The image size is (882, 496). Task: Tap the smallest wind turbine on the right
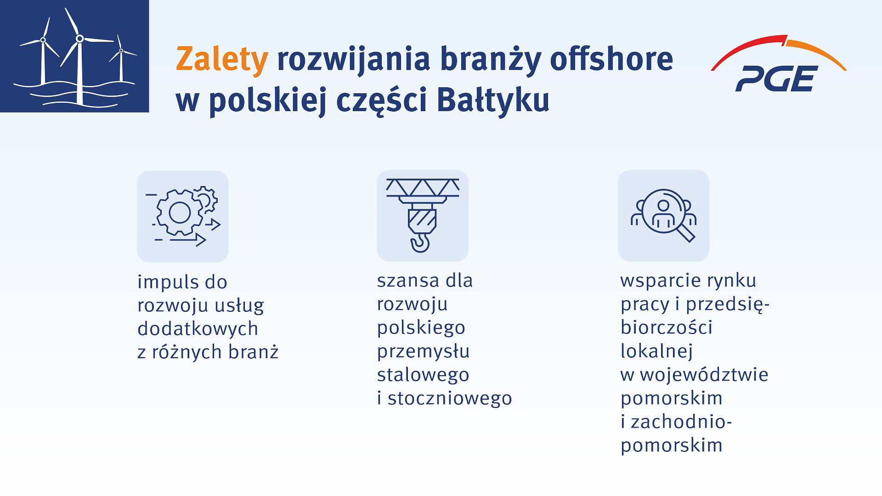[121, 57]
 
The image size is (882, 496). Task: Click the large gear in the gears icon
[180, 212]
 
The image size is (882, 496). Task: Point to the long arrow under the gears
[188, 240]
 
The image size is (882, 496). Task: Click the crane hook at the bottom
[420, 242]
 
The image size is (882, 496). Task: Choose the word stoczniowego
[450, 398]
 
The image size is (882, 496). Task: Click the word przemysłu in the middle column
[423, 351]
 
